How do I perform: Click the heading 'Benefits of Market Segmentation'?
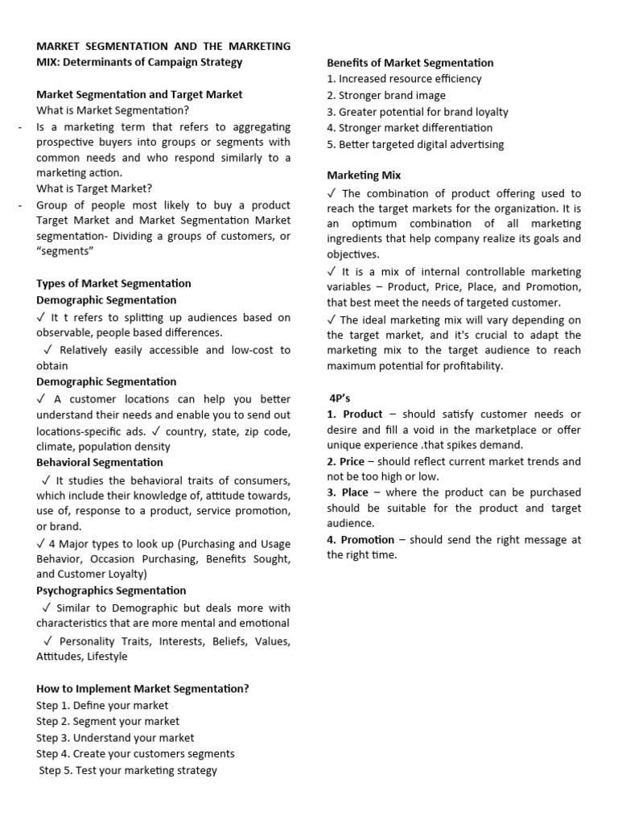pos(410,63)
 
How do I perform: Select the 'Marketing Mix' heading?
pos(364,175)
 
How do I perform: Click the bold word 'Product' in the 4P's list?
pos(363,414)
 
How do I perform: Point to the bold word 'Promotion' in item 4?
pos(368,540)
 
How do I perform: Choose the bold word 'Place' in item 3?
pos(355,492)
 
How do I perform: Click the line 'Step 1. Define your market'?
pos(102,705)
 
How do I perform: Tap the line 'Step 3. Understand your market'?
pos(115,737)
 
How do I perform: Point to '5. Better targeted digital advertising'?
pos(415,144)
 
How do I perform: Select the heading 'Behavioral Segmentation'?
pos(99,462)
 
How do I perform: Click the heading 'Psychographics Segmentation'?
pos(111,591)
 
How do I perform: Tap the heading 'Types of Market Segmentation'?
pos(113,283)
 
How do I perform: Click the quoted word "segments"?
pos(65,252)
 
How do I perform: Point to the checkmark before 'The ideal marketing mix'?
pos(332,319)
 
